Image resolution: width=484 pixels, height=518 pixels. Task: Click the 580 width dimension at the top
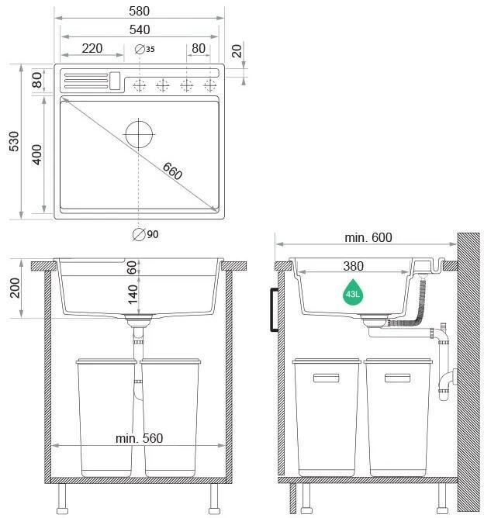pyautogui.click(x=139, y=11)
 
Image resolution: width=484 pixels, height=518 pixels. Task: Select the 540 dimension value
pyautogui.click(x=140, y=29)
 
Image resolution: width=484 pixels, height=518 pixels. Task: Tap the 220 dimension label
pyautogui.click(x=92, y=49)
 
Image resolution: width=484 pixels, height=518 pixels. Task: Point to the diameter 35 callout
pyautogui.click(x=145, y=49)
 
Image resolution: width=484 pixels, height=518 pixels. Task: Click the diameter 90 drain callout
pyautogui.click(x=145, y=234)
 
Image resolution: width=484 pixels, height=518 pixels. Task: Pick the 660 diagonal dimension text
pyautogui.click(x=172, y=171)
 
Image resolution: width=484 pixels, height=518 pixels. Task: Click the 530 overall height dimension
pyautogui.click(x=14, y=141)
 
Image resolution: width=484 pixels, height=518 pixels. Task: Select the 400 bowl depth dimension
pyautogui.click(x=36, y=154)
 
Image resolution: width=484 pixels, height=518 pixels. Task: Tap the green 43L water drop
pyautogui.click(x=353, y=292)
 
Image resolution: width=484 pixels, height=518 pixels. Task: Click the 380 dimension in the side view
pyautogui.click(x=353, y=266)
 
